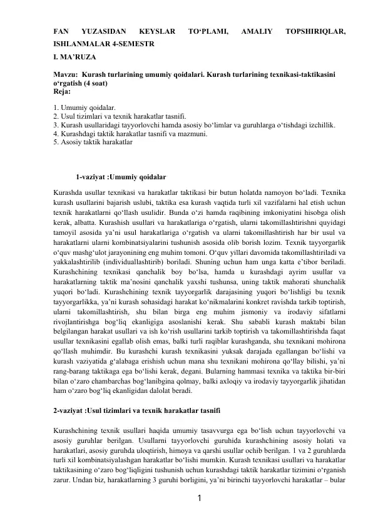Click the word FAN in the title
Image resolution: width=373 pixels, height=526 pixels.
61,30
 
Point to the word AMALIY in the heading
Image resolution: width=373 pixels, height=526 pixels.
256,30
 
